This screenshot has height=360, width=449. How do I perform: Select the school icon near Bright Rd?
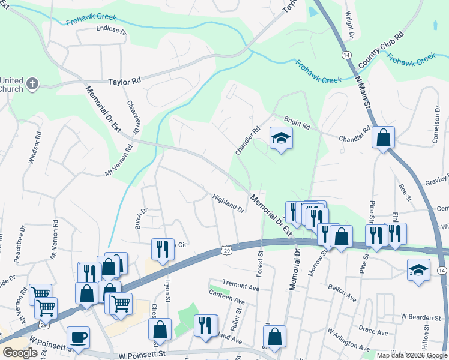(280, 139)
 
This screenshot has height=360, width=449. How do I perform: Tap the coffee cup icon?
(77, 337)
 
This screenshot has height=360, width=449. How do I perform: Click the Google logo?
(20, 352)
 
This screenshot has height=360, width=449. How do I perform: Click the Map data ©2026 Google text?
(411, 355)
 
